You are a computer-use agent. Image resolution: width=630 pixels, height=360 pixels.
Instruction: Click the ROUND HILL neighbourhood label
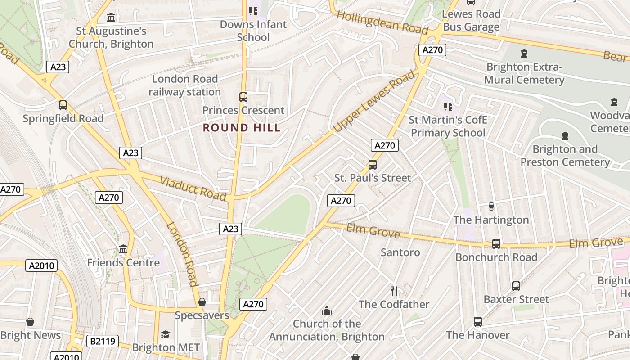(x=242, y=128)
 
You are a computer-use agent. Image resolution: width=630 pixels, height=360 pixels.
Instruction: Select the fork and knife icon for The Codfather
(x=394, y=291)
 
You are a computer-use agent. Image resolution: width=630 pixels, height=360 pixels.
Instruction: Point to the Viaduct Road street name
(x=193, y=188)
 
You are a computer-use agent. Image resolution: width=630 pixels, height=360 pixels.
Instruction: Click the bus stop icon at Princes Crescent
(x=243, y=97)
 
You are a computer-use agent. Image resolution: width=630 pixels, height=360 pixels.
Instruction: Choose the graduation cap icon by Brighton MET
(x=166, y=334)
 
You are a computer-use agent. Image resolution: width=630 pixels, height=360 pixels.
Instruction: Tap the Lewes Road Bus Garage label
(x=471, y=20)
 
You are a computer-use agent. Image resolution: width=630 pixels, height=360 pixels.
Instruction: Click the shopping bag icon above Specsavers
(x=202, y=302)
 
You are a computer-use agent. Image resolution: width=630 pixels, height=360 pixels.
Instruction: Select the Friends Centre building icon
(x=123, y=249)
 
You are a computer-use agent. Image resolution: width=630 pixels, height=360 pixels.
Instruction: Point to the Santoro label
(x=400, y=252)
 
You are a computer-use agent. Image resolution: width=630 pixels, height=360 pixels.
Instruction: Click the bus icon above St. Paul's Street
(x=372, y=165)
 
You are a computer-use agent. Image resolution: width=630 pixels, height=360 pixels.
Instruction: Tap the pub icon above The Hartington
(x=491, y=207)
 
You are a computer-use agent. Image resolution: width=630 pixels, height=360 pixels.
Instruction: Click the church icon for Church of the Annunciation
(x=327, y=310)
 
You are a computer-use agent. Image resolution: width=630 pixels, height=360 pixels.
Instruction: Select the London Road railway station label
(x=184, y=85)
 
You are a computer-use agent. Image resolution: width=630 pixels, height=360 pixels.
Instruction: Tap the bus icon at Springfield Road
(x=63, y=105)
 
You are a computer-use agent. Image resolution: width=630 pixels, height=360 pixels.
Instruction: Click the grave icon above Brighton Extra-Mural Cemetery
(x=524, y=54)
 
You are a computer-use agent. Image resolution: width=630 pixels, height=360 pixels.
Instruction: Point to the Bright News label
(x=30, y=335)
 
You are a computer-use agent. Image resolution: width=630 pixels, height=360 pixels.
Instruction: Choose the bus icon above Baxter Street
(x=516, y=286)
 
